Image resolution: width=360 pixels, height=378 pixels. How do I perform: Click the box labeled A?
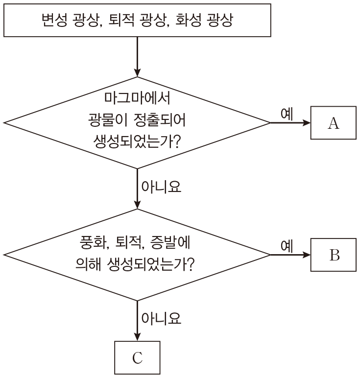[x=333, y=123]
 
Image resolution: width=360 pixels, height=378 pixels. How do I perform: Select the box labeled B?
[x=333, y=255]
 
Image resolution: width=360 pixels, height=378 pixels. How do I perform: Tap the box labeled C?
[x=137, y=358]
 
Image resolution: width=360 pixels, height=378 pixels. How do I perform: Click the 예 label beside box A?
[x=287, y=113]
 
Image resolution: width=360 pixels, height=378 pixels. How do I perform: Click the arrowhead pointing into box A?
[x=307, y=123]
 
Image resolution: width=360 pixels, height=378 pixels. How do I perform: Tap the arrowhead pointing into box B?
[x=307, y=255]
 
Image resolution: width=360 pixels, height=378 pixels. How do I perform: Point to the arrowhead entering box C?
[x=137, y=336]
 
